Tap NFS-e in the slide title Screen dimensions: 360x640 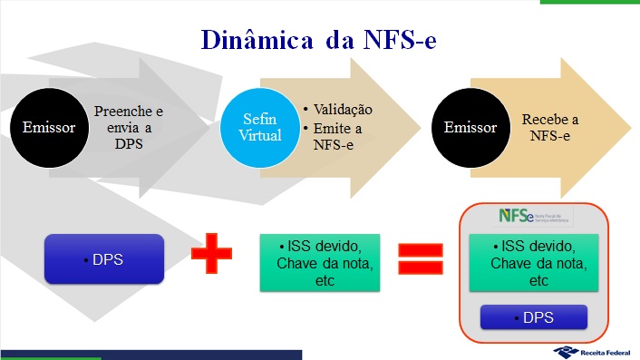[398, 42]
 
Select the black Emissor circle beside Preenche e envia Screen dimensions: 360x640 [50, 127]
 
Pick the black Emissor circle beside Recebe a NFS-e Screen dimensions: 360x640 [470, 127]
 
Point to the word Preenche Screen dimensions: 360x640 [129, 112]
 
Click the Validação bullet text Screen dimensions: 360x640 [343, 111]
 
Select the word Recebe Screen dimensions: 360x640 [549, 119]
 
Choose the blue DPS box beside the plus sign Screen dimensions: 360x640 [104, 258]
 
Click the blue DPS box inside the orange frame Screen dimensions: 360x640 [534, 317]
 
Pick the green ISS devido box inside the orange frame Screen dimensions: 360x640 [534, 263]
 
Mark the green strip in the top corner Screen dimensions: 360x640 [589, 3]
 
